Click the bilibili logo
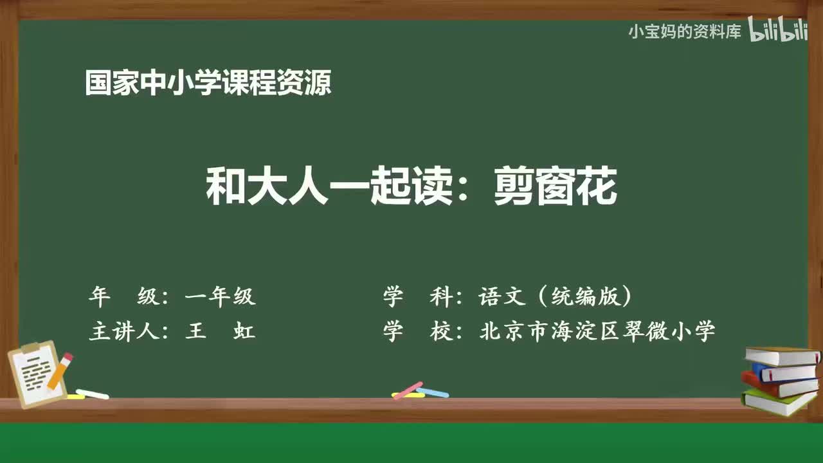779,30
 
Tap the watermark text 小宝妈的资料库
685,31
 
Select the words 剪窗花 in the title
556,187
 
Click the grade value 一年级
220,296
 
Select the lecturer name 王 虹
220,332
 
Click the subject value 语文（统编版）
556,296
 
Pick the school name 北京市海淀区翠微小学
597,332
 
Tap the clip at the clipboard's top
30,347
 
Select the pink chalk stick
408,390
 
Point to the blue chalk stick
432,392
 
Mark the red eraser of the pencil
68,357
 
